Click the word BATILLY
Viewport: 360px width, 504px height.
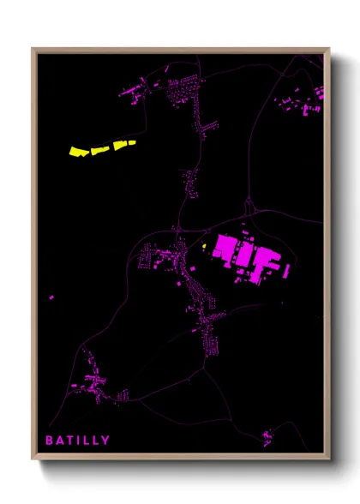(x=77, y=441)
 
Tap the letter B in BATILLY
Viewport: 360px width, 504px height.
(x=49, y=441)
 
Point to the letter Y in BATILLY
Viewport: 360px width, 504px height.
(x=105, y=441)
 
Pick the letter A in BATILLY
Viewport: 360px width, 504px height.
(x=59, y=441)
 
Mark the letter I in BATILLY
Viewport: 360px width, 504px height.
(x=79, y=441)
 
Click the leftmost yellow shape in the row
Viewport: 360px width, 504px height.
(x=79, y=152)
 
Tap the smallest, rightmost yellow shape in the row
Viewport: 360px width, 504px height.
(x=131, y=143)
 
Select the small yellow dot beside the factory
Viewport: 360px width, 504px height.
(x=206, y=249)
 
